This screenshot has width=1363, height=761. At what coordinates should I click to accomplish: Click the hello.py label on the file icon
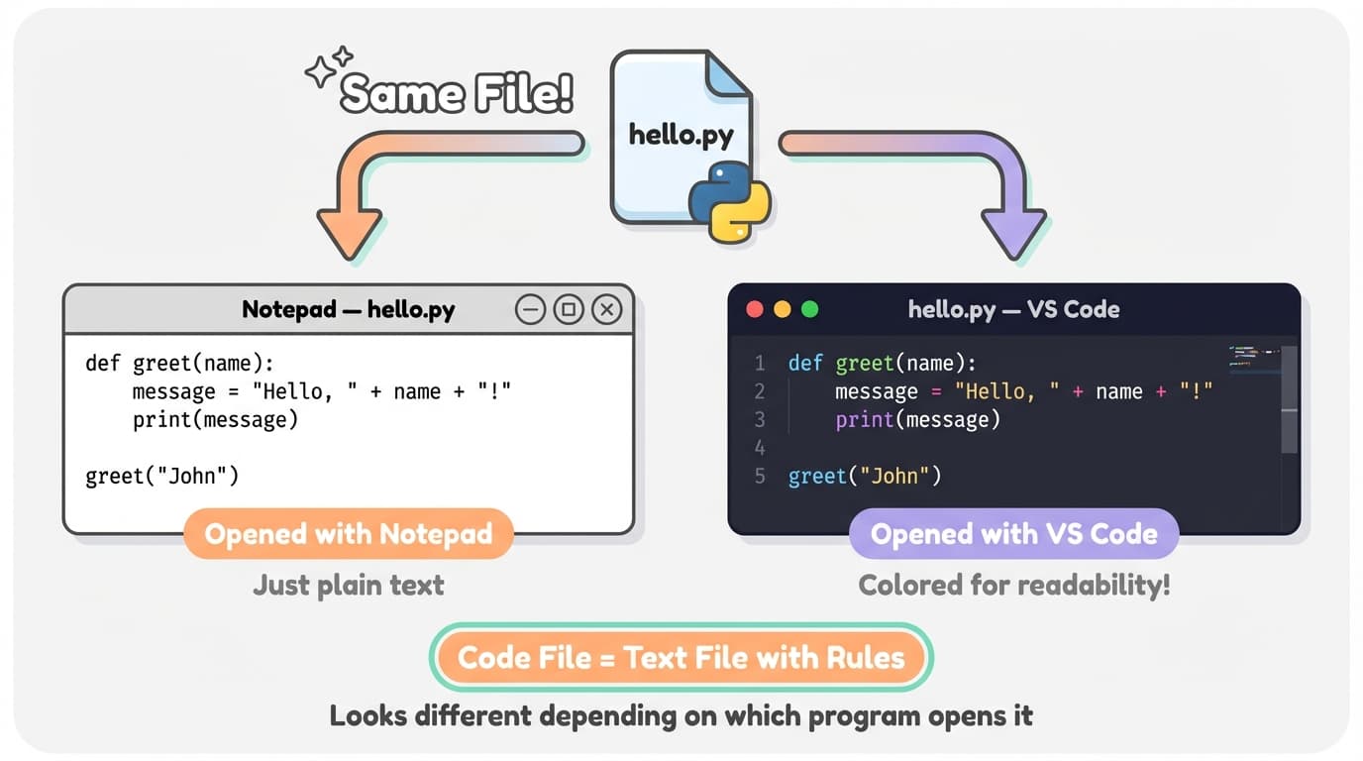(x=681, y=134)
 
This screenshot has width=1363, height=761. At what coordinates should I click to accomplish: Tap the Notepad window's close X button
(x=606, y=310)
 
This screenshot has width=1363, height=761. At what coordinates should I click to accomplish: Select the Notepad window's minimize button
(x=531, y=310)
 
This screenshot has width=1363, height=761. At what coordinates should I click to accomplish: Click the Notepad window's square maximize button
(x=569, y=310)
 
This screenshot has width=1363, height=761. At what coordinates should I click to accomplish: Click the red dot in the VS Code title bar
(x=755, y=309)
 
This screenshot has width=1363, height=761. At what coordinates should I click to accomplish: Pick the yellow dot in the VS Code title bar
(x=783, y=309)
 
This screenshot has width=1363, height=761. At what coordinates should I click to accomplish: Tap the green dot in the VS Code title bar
(x=810, y=309)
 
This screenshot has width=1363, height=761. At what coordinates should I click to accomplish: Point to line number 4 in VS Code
(x=760, y=447)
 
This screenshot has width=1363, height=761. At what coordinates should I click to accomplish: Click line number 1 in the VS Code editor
(x=760, y=363)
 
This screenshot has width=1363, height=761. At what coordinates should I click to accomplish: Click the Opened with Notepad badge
(x=349, y=535)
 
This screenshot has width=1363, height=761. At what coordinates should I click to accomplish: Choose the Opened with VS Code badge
(x=1013, y=535)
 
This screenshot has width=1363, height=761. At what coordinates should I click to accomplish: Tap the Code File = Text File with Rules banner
(x=681, y=658)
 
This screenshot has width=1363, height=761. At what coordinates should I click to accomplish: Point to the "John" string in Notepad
(x=201, y=476)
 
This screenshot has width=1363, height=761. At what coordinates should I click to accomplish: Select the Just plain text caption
(x=349, y=585)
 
